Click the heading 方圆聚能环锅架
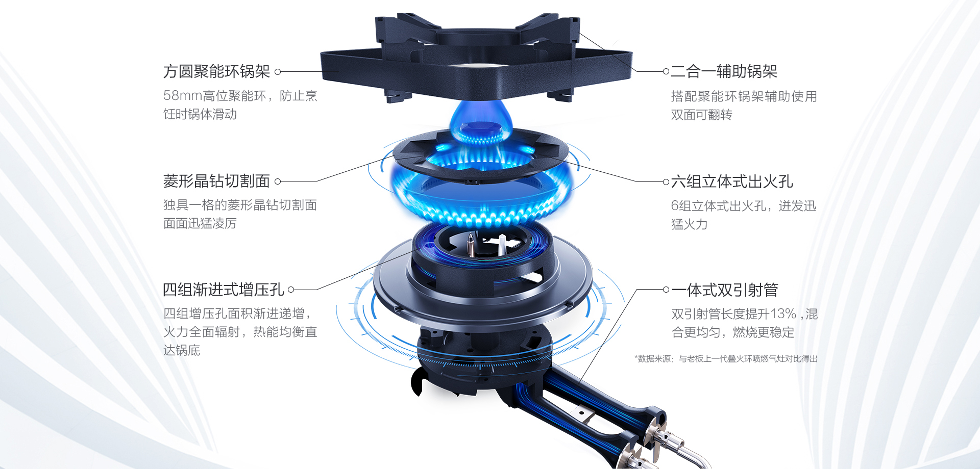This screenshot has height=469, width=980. coord(216,71)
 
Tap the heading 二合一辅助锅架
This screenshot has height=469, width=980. coord(724,71)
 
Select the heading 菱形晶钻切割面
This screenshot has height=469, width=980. coord(216,181)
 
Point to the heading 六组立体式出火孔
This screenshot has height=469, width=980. coord(731,181)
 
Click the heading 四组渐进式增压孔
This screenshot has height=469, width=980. coord(223,290)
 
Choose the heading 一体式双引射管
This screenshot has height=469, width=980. coord(725,290)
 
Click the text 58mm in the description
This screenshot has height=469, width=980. coord(182,96)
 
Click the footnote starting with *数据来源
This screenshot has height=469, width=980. coord(725,359)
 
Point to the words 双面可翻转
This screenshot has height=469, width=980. coord(701,115)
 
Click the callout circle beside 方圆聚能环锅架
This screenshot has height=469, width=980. coord(278,72)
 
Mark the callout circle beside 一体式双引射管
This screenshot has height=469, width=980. coord(666,290)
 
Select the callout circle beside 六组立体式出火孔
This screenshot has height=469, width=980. coord(666,181)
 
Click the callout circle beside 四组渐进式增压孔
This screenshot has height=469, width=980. coord(291,290)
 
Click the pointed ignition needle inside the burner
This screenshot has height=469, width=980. coord(471,245)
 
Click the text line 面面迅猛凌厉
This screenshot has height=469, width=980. coord(200,223)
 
